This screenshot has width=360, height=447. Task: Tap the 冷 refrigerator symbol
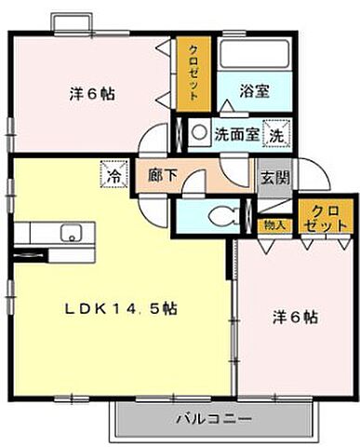tap(113, 173)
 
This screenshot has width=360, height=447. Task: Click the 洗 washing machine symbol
tap(276, 133)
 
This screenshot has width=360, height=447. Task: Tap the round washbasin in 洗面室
tap(198, 133)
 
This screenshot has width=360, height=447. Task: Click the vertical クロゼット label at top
tap(193, 71)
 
